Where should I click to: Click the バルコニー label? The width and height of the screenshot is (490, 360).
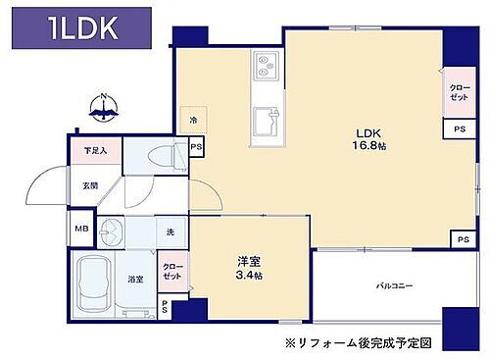coord(393,286)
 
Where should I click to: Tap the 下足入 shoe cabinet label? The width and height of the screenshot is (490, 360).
coord(94,151)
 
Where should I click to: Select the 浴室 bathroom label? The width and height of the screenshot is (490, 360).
coord(135,279)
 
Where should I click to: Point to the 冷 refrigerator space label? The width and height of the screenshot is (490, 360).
coord(194,121)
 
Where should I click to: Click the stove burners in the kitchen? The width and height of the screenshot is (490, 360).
coord(267,66)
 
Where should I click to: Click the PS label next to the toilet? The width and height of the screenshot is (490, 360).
coord(196,148)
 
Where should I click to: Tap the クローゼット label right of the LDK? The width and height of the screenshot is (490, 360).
coord(458,93)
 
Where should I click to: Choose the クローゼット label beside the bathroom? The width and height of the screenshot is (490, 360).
coord(171,271)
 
